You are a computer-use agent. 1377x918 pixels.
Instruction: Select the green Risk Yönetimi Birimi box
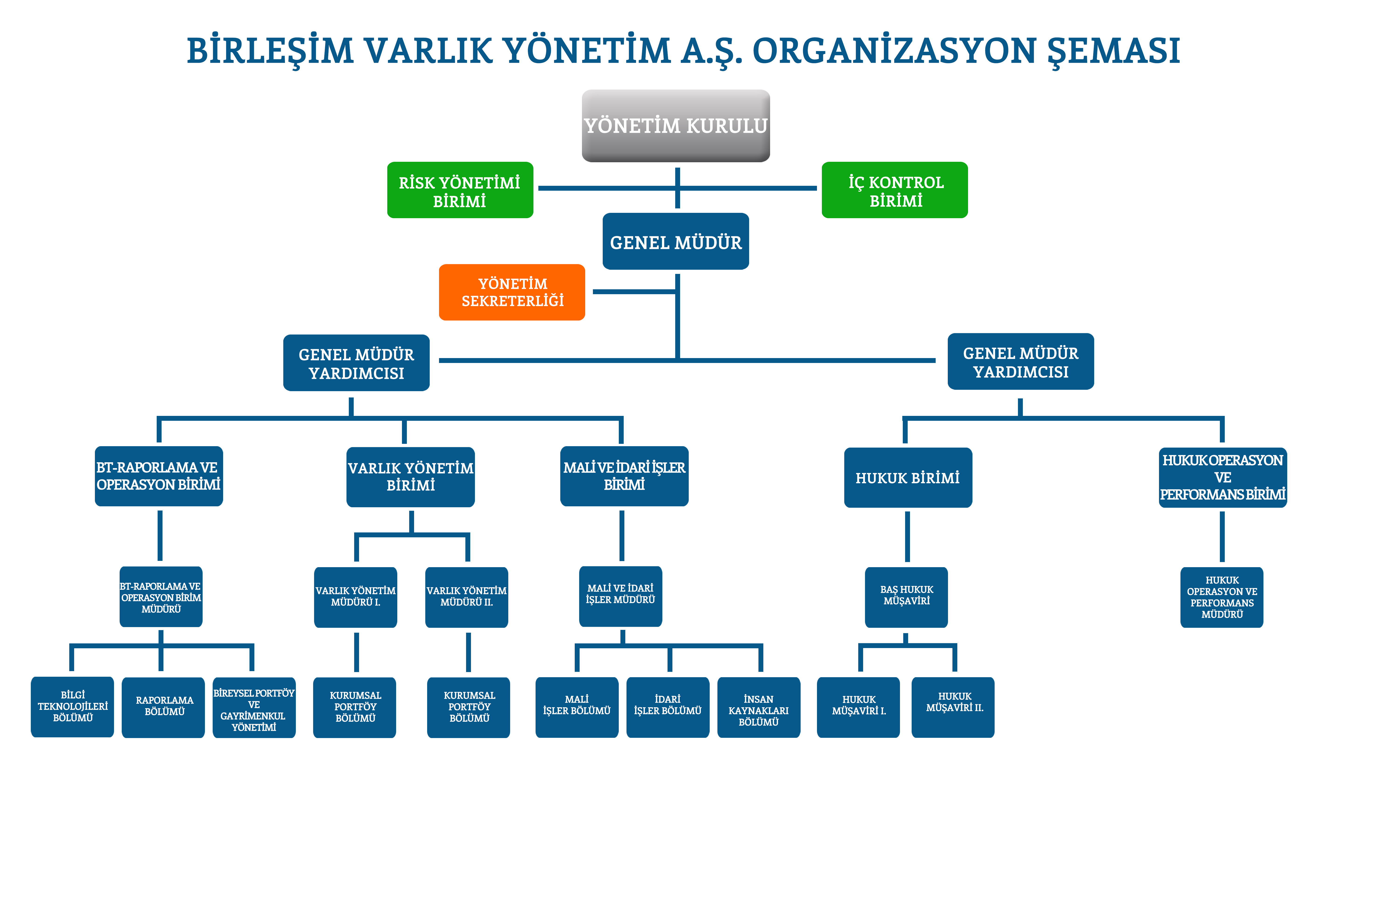tap(460, 190)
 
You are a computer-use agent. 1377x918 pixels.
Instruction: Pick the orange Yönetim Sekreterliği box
tap(512, 292)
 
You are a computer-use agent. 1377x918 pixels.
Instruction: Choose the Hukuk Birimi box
tap(908, 478)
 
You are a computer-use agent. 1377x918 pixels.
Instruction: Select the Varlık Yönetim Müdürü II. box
tap(467, 597)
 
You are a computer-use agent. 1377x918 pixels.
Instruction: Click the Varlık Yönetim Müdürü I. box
tap(355, 597)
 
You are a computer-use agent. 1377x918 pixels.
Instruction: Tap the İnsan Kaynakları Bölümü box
tap(759, 707)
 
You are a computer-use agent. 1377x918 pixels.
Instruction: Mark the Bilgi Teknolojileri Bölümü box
tap(73, 707)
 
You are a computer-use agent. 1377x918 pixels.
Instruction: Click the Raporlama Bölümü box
tap(163, 707)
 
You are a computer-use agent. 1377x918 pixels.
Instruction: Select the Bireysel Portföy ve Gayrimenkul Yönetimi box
tap(254, 707)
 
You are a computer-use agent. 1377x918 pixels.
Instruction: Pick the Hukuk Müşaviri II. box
tap(953, 707)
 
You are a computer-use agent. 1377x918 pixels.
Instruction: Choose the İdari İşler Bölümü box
tap(668, 707)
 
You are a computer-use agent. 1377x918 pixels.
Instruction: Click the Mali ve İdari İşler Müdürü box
tap(621, 597)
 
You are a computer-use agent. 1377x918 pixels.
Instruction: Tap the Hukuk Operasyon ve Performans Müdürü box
tap(1222, 597)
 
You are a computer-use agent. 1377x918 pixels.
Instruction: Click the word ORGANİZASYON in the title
tap(894, 51)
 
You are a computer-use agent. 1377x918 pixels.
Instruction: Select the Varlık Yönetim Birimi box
tap(410, 477)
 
